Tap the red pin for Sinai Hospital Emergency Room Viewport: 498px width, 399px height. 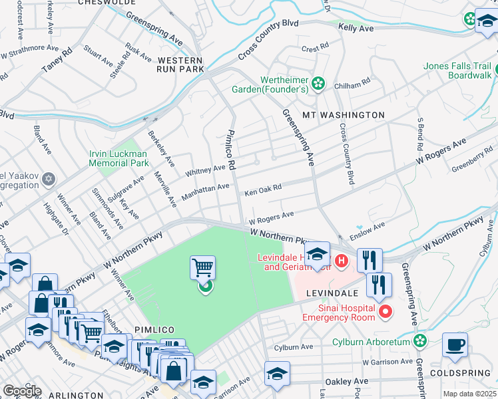(385, 311)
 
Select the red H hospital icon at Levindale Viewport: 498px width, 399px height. (342, 260)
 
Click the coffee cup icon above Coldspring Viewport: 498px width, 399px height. (455, 344)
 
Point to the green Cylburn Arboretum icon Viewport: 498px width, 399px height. (419, 341)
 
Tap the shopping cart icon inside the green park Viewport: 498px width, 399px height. (202, 268)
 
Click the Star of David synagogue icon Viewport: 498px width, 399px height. (48, 179)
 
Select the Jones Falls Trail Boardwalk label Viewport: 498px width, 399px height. (459, 71)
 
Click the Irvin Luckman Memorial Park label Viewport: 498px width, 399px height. (119, 158)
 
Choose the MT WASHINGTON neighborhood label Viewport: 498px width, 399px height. (344, 115)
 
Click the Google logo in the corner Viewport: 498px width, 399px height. (21, 391)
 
